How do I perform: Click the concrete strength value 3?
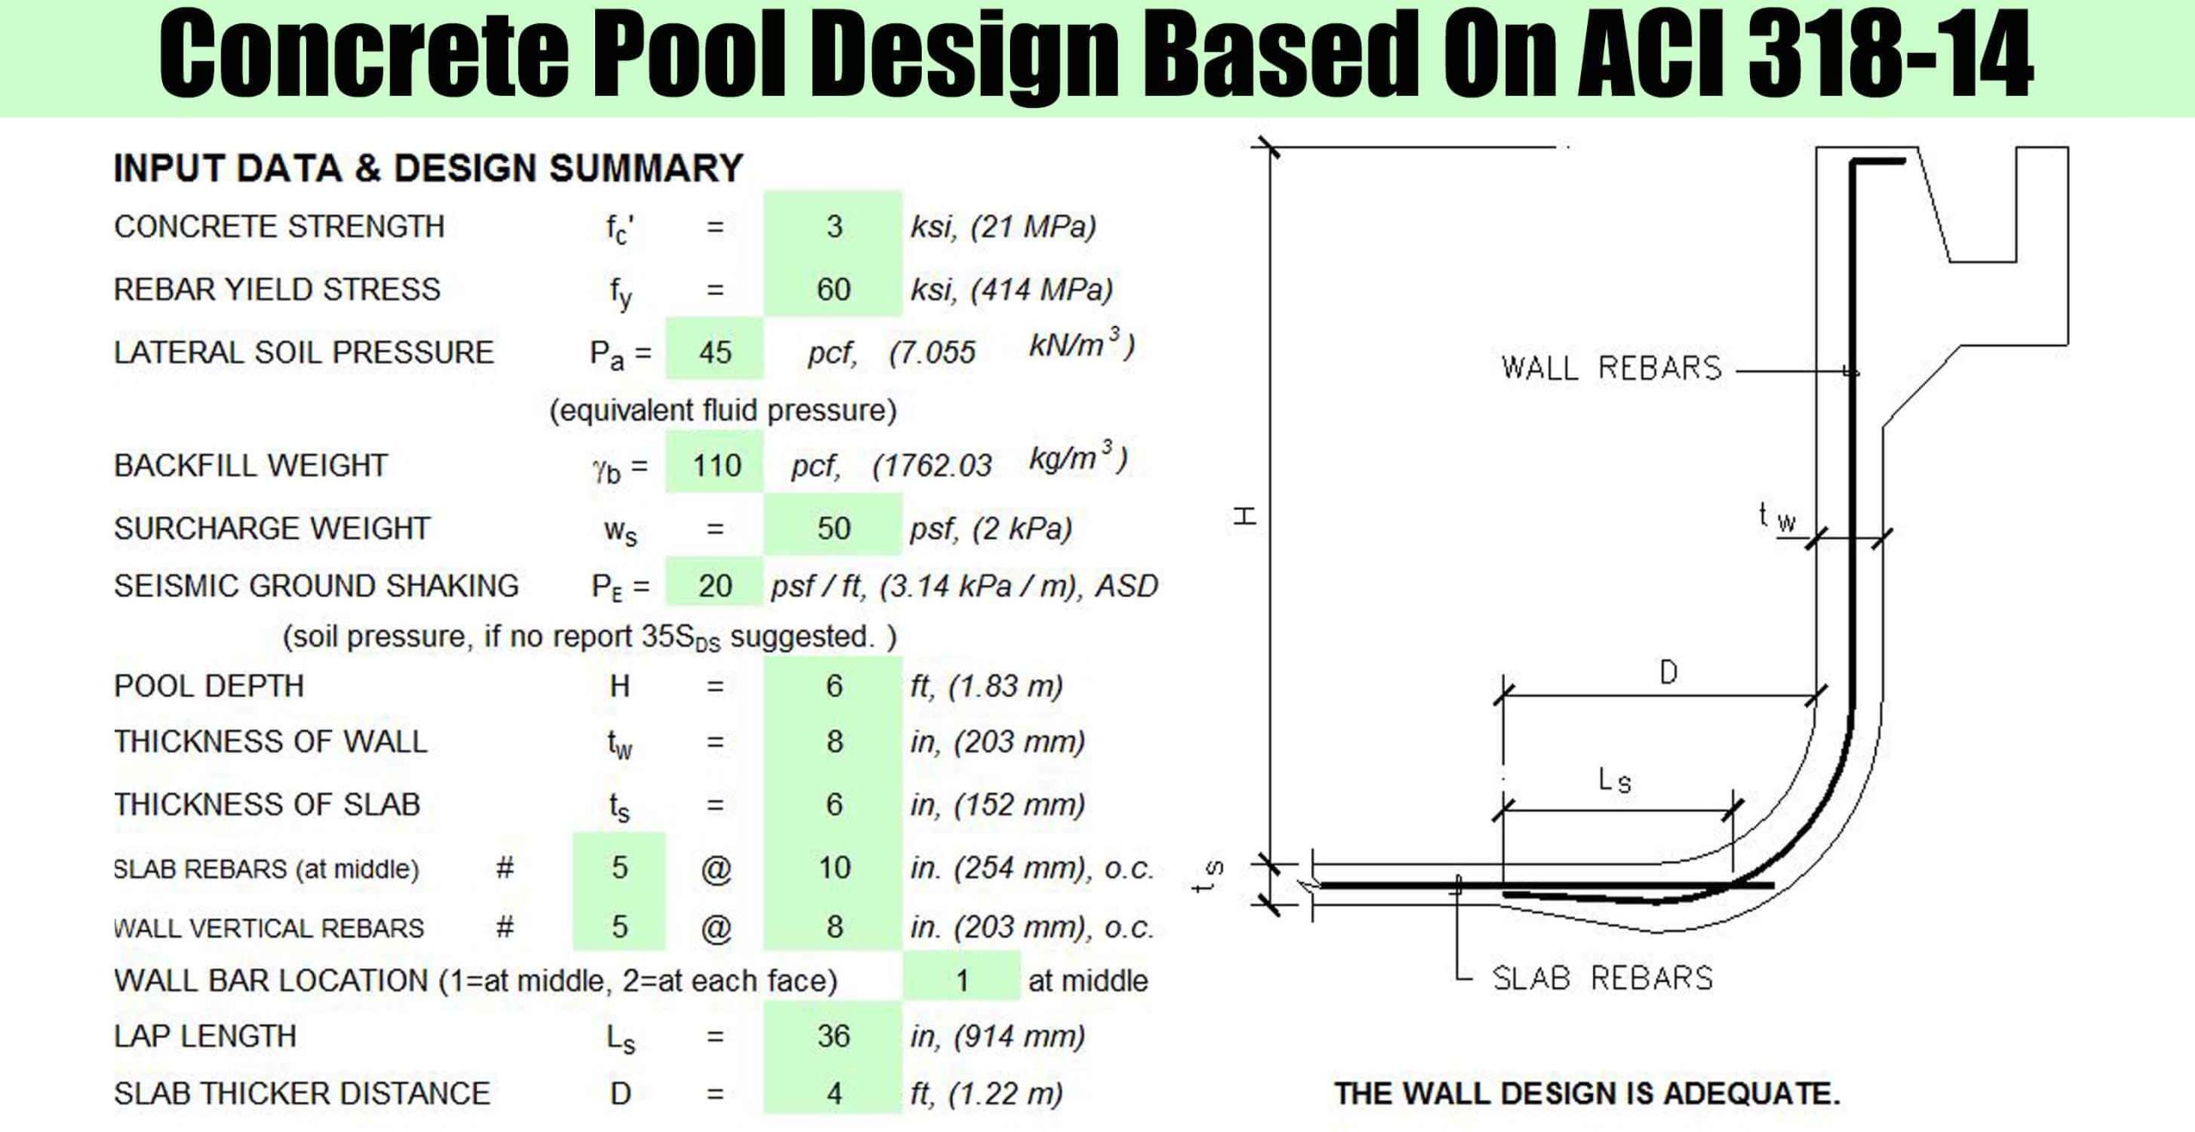pyautogui.click(x=834, y=226)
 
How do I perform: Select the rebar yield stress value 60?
pyautogui.click(x=833, y=290)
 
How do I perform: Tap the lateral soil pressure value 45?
pyautogui.click(x=715, y=352)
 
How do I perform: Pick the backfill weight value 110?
pyautogui.click(x=717, y=466)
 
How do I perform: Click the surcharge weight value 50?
pyautogui.click(x=833, y=528)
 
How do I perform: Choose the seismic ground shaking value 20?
pyautogui.click(x=715, y=586)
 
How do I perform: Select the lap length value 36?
pyautogui.click(x=833, y=1036)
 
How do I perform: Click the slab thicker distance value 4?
pyautogui.click(x=834, y=1093)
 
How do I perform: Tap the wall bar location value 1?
pyautogui.click(x=962, y=980)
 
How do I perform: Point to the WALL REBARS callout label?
pyautogui.click(x=1612, y=368)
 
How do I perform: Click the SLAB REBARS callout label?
pyautogui.click(x=1603, y=978)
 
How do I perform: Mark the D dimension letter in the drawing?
pyautogui.click(x=1669, y=672)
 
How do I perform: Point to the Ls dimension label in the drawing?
pyautogui.click(x=1615, y=780)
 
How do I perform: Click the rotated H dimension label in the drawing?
pyautogui.click(x=1245, y=515)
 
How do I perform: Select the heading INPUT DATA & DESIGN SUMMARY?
pyautogui.click(x=428, y=168)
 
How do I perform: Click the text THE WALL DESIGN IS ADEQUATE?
pyautogui.click(x=1587, y=1093)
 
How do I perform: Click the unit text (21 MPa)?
pyautogui.click(x=1033, y=226)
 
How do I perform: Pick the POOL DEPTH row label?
pyautogui.click(x=209, y=686)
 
